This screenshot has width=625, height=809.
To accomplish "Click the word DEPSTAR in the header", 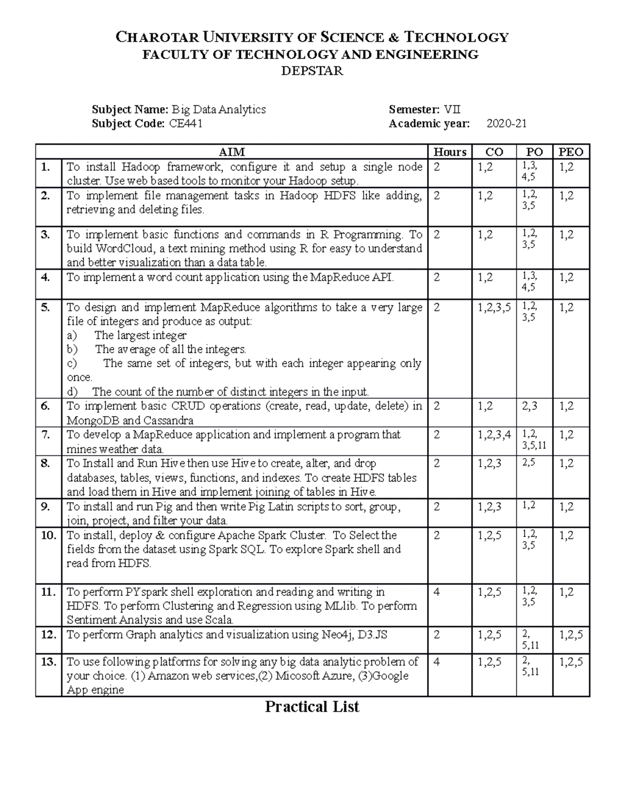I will (x=312, y=71).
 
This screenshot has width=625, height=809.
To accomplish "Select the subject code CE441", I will (x=186, y=124).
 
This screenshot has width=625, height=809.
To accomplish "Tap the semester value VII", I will (x=452, y=109).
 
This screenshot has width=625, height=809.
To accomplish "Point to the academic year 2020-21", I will (x=506, y=124).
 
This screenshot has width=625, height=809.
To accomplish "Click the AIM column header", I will (x=232, y=152).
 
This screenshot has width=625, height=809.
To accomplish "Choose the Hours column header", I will (x=450, y=152).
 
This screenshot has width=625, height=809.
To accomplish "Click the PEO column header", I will (x=571, y=152).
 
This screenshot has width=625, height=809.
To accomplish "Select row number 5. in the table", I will (x=46, y=307).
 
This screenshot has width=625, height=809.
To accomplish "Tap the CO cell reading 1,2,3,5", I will (x=494, y=307).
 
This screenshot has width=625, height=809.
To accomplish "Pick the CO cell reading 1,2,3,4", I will (x=494, y=434).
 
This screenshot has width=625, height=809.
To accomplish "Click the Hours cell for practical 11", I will (x=436, y=592).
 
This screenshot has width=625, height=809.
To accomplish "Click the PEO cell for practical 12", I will (x=571, y=634).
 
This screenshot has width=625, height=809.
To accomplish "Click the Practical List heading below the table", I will (x=312, y=707).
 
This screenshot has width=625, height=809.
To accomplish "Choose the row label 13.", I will (x=48, y=662).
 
